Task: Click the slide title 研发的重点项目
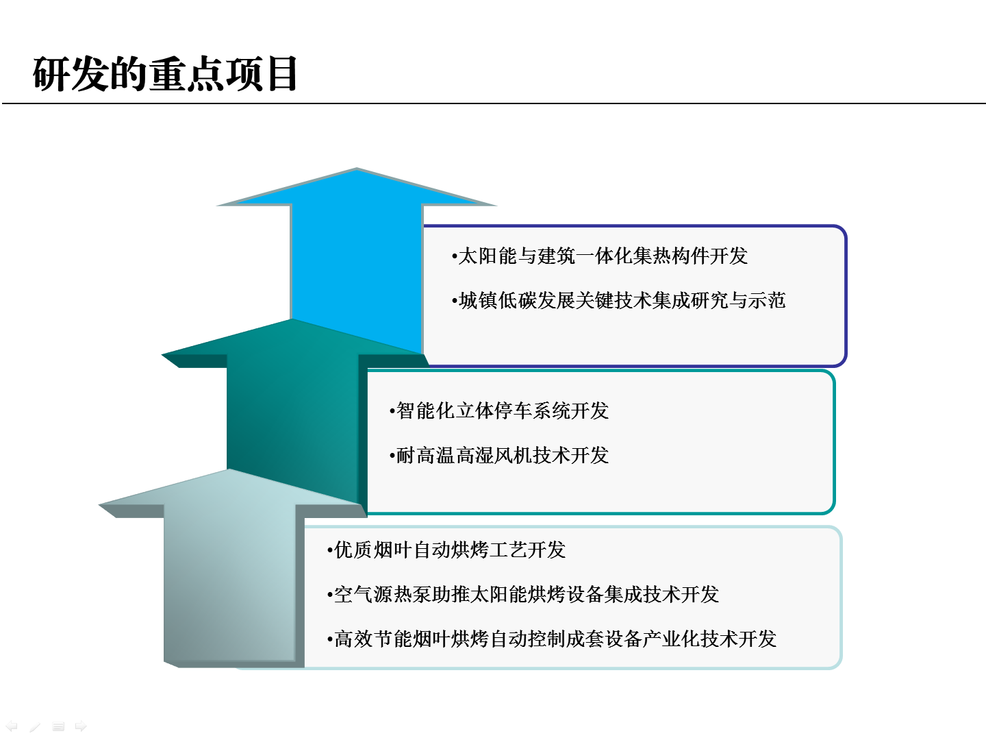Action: pyautogui.click(x=165, y=74)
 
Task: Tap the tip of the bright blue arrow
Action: pyautogui.click(x=357, y=169)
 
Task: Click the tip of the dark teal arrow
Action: pyautogui.click(x=292, y=319)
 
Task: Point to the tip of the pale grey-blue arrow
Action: pyautogui.click(x=228, y=469)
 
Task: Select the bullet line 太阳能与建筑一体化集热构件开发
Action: pyautogui.click(x=600, y=256)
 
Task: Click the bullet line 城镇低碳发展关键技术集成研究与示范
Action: pyautogui.click(x=618, y=300)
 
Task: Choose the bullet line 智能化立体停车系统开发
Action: pyautogui.click(x=499, y=410)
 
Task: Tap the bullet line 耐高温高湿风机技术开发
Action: pyautogui.click(x=499, y=455)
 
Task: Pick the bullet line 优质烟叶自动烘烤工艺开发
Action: pyautogui.click(x=446, y=550)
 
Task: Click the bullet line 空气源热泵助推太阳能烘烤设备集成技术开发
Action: pyautogui.click(x=523, y=594)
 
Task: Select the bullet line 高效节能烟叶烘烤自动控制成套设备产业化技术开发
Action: pyautogui.click(x=552, y=639)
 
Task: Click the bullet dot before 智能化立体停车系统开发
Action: pyautogui.click(x=392, y=411)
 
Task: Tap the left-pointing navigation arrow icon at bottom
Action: pyautogui.click(x=11, y=726)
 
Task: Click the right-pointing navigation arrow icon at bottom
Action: pyautogui.click(x=81, y=726)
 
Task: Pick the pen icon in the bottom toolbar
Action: pyautogui.click(x=35, y=726)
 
